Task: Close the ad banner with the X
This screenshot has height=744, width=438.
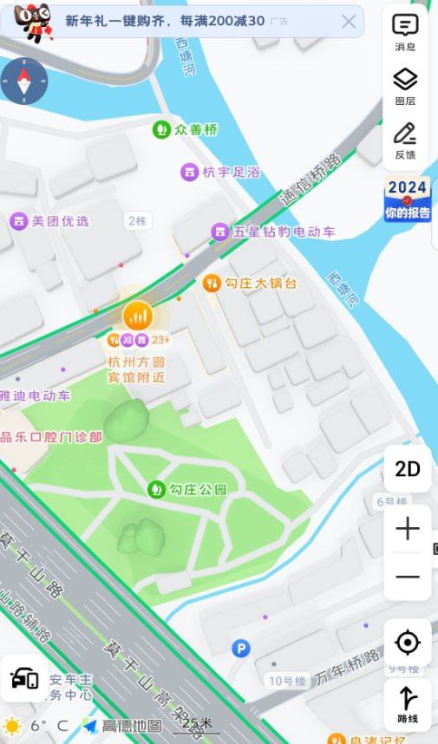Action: (349, 22)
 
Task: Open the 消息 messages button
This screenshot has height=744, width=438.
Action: (405, 32)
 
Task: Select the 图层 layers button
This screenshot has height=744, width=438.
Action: (405, 87)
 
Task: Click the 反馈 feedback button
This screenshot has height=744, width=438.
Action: (405, 140)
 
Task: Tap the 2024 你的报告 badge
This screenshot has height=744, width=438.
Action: (408, 199)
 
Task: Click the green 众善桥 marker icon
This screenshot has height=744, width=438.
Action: (160, 130)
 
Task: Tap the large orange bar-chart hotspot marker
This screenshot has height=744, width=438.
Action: (137, 314)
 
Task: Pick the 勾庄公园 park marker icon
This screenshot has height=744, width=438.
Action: (156, 489)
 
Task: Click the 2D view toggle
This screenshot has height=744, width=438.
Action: (407, 469)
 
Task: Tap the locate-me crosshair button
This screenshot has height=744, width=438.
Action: (407, 643)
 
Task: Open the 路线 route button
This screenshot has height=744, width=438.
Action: (407, 703)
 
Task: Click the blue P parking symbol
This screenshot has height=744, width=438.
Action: (240, 648)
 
